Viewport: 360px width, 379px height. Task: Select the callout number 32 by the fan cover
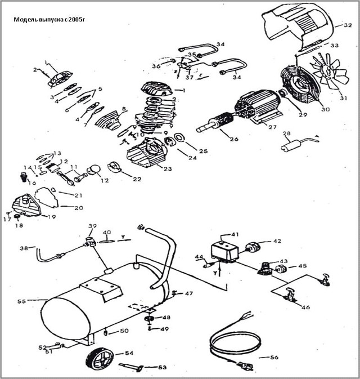point(348,25)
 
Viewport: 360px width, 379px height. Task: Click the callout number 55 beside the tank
point(22,302)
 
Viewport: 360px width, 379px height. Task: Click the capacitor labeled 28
point(292,147)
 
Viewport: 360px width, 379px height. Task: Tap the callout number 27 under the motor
point(272,127)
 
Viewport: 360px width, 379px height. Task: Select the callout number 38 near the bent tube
point(24,248)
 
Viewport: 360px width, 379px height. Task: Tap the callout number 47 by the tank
point(188,294)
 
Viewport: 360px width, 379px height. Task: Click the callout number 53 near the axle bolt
point(163,367)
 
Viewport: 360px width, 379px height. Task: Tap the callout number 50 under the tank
point(125,331)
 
